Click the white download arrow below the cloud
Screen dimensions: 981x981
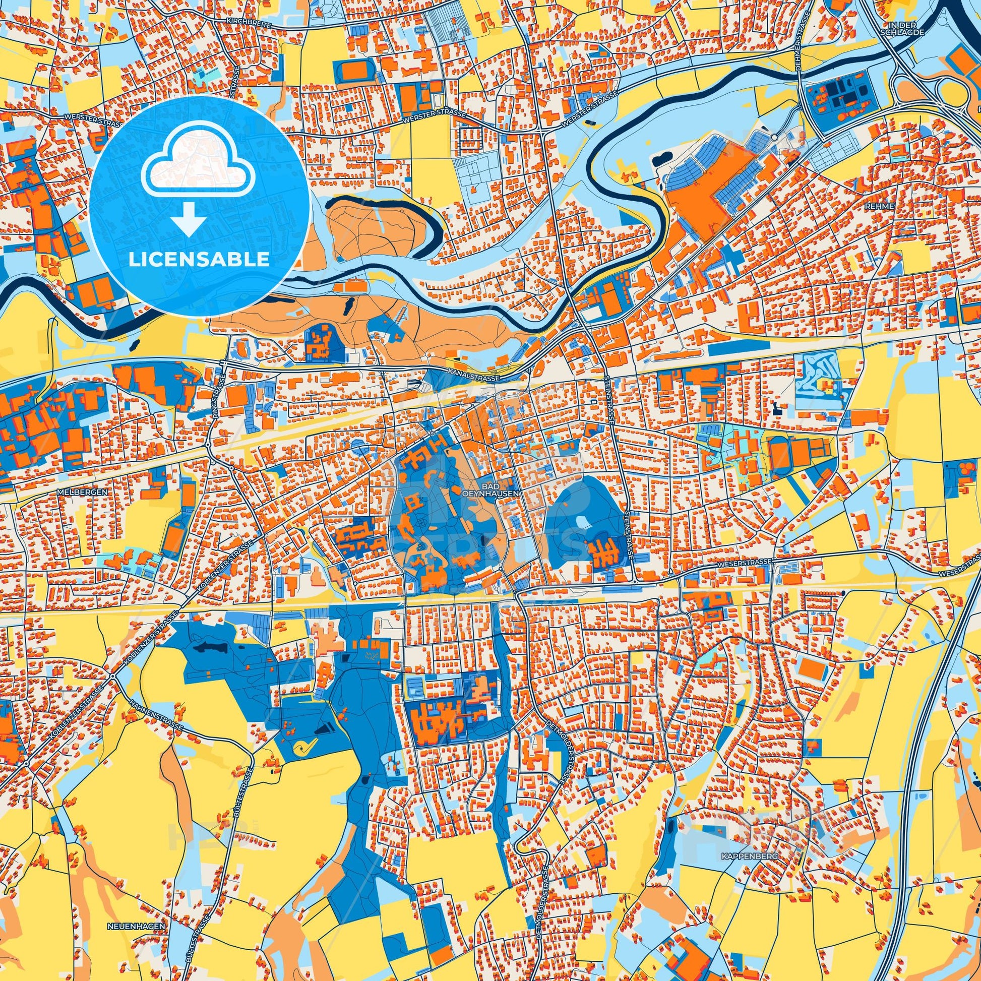point(188,219)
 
